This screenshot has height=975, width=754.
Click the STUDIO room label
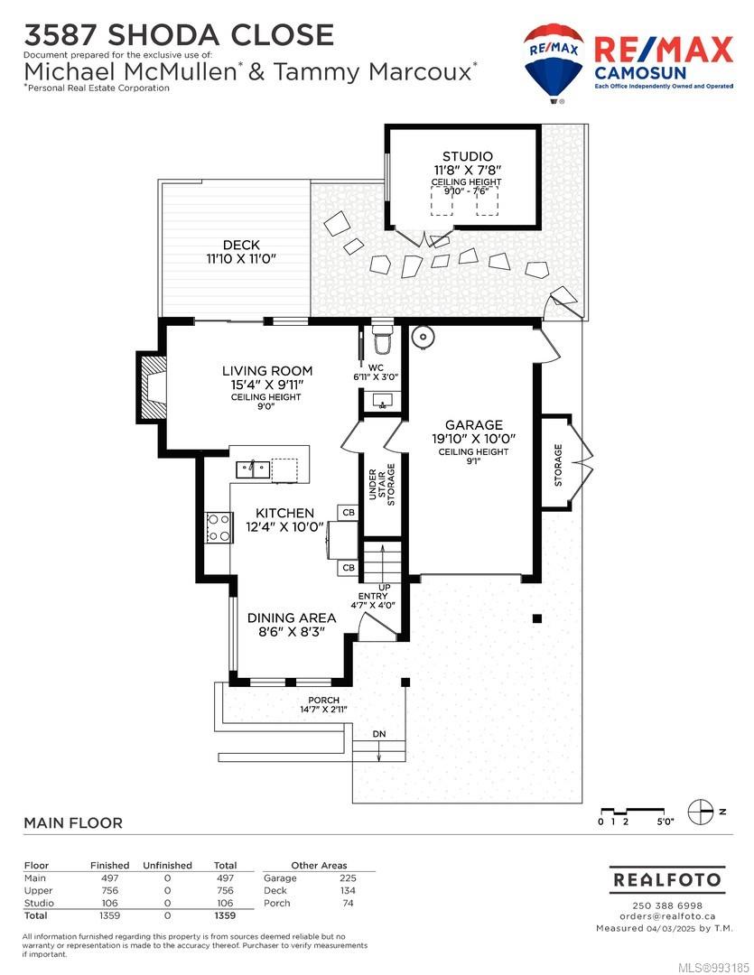467,156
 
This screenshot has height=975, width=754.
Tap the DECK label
241,245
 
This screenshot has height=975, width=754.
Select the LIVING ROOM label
267,371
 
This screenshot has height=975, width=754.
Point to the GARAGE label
474,424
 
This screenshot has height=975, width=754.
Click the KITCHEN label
285,513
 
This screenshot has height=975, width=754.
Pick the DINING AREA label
292,618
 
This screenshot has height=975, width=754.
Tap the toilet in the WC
380,339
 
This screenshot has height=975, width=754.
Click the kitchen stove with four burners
219,527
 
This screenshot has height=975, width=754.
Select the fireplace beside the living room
151,386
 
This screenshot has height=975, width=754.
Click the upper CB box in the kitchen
349,513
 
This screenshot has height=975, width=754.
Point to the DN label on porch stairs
379,734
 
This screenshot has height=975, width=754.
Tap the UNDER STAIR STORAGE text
381,485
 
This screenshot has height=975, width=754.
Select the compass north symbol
701,812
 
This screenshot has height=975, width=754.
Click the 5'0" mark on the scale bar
665,822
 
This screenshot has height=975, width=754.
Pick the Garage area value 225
348,878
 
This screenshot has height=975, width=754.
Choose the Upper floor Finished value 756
109,890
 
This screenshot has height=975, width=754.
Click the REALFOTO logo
667,880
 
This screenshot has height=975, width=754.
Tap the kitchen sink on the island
253,469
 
